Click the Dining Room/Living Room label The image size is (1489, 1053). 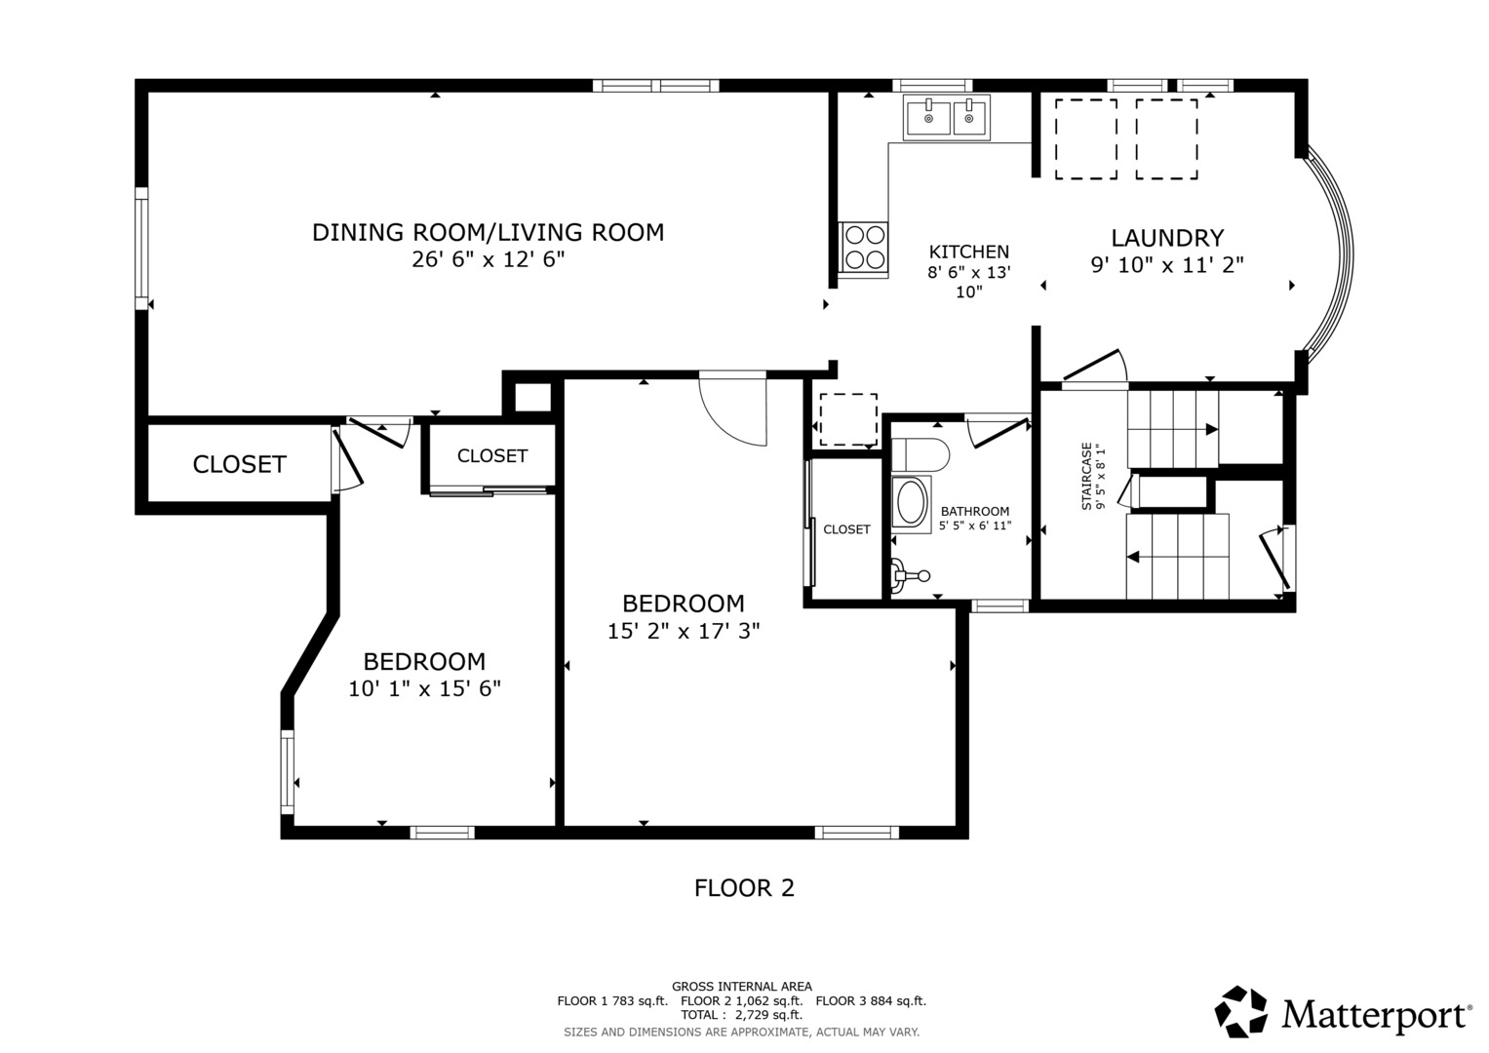488,232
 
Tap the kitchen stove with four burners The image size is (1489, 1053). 864,248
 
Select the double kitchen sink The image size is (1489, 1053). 947,117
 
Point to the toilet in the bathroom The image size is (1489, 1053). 920,454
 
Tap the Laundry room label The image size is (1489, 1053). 1167,238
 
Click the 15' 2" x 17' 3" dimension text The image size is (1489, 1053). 684,630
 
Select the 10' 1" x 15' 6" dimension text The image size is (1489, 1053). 424,688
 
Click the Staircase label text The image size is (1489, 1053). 1086,476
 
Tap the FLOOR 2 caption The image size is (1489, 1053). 744,887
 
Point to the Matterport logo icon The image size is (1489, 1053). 1240,1011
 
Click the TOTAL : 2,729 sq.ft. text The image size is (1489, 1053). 741,1015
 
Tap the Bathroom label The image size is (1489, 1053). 974,511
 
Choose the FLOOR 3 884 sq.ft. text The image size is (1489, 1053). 871,1000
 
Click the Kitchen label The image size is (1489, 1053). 968,252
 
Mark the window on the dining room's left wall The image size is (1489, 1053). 141,248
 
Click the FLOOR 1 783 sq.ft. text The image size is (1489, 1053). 612,1000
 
